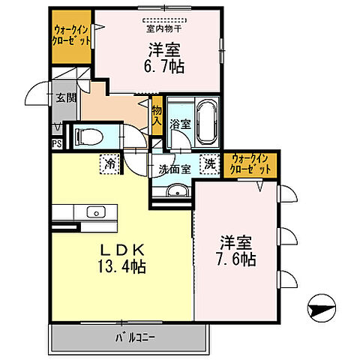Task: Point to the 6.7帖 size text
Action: pos(166,67)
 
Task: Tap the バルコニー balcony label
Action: pos(136,337)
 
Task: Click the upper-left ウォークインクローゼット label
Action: pos(71,36)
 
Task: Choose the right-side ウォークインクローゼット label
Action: pos(250,164)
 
